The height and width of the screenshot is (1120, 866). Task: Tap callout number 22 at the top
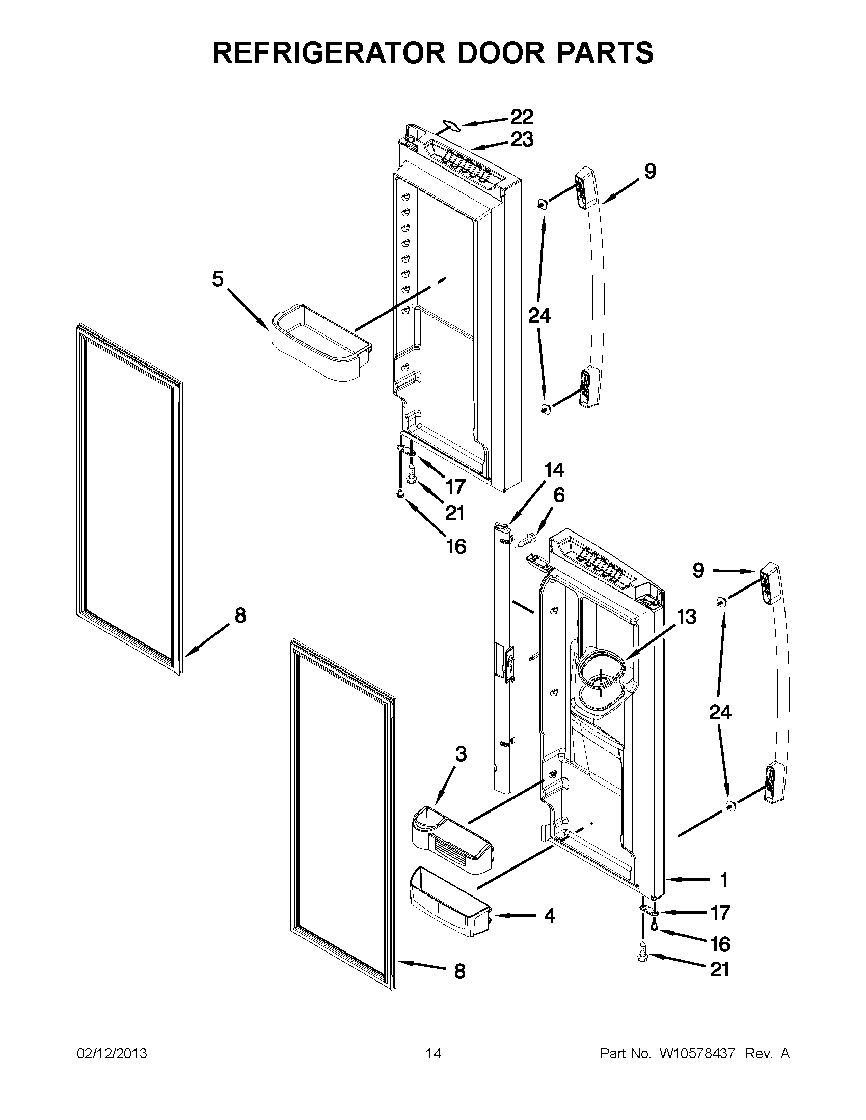pyautogui.click(x=522, y=118)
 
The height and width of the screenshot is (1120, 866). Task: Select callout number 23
pyautogui.click(x=522, y=139)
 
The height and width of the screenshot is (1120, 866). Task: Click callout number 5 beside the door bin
pyautogui.click(x=218, y=279)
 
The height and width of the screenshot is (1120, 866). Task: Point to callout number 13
pyautogui.click(x=687, y=617)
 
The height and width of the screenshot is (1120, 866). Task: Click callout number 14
pyautogui.click(x=553, y=470)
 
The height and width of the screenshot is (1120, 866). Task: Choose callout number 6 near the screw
pyautogui.click(x=559, y=495)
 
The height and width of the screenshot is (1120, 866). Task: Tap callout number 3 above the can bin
pyautogui.click(x=461, y=754)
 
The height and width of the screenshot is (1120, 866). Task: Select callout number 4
pyautogui.click(x=549, y=915)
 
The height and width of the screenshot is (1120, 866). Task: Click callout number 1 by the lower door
pyautogui.click(x=724, y=880)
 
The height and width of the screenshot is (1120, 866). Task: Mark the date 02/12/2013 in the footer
pyautogui.click(x=112, y=1053)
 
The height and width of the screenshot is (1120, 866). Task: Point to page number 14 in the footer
pyautogui.click(x=433, y=1053)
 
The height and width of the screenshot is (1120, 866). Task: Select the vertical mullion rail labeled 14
pyautogui.click(x=503, y=656)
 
